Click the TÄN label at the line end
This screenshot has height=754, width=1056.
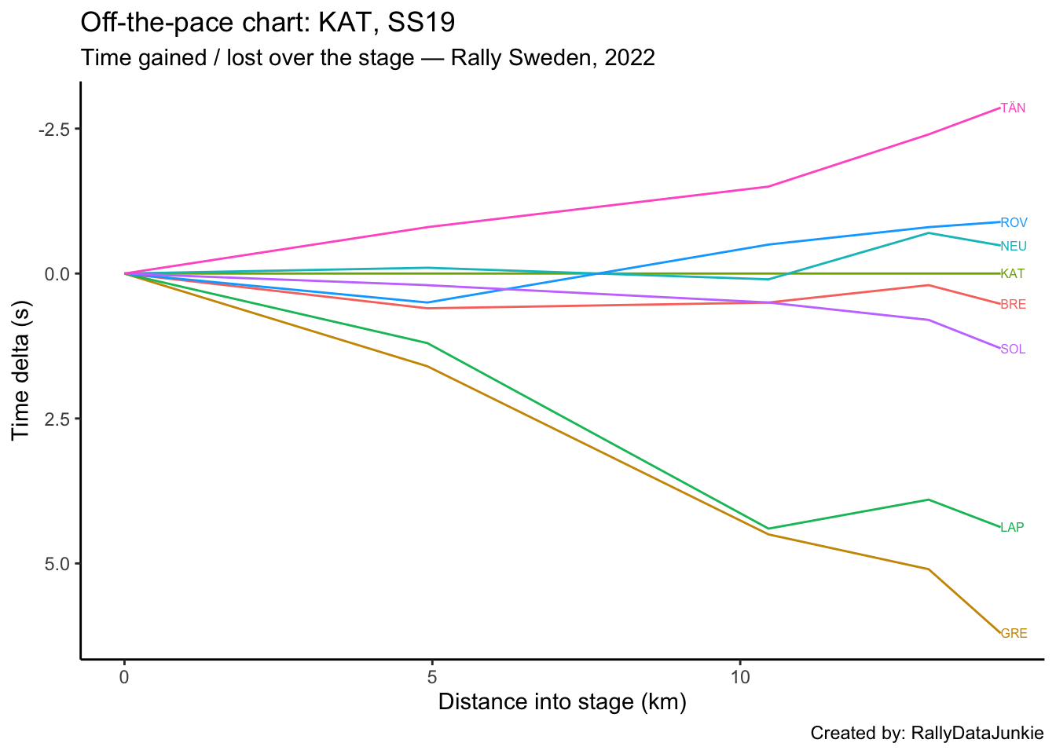click(1013, 108)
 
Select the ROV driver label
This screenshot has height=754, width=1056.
click(1014, 222)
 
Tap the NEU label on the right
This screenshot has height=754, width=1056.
click(1014, 247)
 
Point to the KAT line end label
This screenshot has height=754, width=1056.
click(1012, 274)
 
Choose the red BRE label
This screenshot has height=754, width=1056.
click(1013, 305)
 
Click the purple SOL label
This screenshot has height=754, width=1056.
click(1013, 350)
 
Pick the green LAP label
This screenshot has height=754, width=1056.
click(1012, 528)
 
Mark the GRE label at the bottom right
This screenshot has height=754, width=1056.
click(1014, 634)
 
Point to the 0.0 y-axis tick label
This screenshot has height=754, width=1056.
click(57, 274)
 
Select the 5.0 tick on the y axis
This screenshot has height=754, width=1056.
click(57, 564)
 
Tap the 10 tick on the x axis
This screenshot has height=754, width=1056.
click(739, 677)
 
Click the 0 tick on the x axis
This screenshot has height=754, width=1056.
click(124, 677)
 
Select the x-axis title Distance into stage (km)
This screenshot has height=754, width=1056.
click(562, 702)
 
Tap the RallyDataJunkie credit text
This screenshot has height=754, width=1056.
click(977, 734)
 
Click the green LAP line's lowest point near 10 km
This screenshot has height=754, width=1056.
click(768, 529)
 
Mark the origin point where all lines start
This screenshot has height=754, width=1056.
click(124, 273)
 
